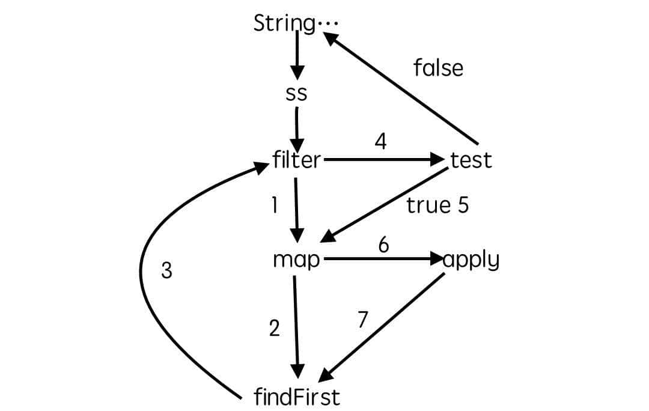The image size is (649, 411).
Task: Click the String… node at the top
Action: [295, 23]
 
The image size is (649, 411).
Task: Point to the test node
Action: [471, 160]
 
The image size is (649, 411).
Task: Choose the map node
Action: [297, 260]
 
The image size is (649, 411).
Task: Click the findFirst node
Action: [297, 397]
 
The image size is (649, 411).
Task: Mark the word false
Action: [438, 68]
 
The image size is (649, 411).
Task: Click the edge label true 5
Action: [437, 205]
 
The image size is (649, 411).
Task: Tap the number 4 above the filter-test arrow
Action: [380, 142]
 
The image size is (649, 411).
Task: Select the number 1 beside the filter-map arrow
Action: [274, 205]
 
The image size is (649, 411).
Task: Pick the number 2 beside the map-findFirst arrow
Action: [274, 329]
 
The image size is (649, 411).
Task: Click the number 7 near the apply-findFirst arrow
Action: [362, 320]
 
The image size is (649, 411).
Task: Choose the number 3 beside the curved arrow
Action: [167, 271]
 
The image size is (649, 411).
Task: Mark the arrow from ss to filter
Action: [296, 127]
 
